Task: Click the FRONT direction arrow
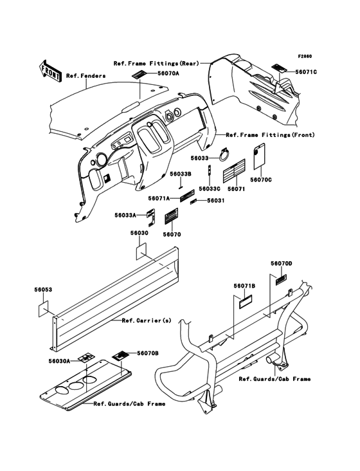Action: (x=50, y=70)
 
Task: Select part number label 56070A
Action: (x=166, y=73)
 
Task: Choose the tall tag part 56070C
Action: (x=259, y=156)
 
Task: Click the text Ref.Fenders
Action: (x=86, y=75)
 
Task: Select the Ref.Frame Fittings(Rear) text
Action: (x=156, y=64)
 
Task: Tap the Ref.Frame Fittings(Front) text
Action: (x=271, y=135)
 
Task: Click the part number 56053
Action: (x=43, y=290)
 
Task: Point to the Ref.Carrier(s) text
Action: (x=147, y=320)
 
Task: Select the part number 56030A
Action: (x=59, y=361)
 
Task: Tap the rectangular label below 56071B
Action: (x=245, y=302)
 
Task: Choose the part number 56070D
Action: (x=282, y=263)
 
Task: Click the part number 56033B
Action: (x=181, y=174)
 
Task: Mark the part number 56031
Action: (x=215, y=200)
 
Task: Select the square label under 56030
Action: (x=141, y=252)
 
